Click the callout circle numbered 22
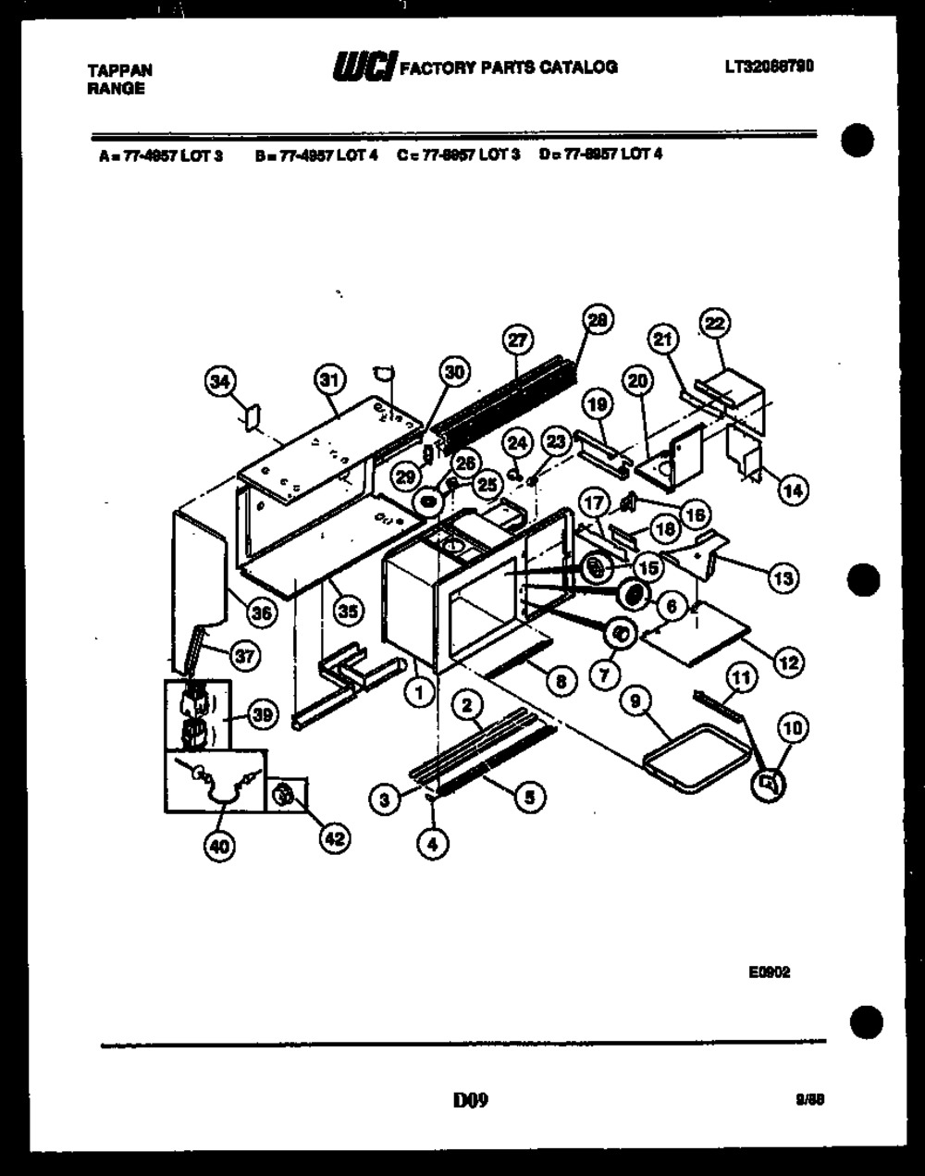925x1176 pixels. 716,322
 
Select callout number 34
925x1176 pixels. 221,381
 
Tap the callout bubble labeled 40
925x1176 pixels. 220,846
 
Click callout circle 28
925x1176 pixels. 598,320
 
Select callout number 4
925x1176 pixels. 432,843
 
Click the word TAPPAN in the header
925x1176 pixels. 119,70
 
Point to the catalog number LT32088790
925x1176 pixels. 769,67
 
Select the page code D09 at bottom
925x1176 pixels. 470,1100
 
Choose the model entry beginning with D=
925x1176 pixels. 600,155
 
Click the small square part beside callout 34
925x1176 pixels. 251,416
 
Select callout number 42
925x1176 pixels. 334,838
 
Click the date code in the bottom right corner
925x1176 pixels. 809,1100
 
